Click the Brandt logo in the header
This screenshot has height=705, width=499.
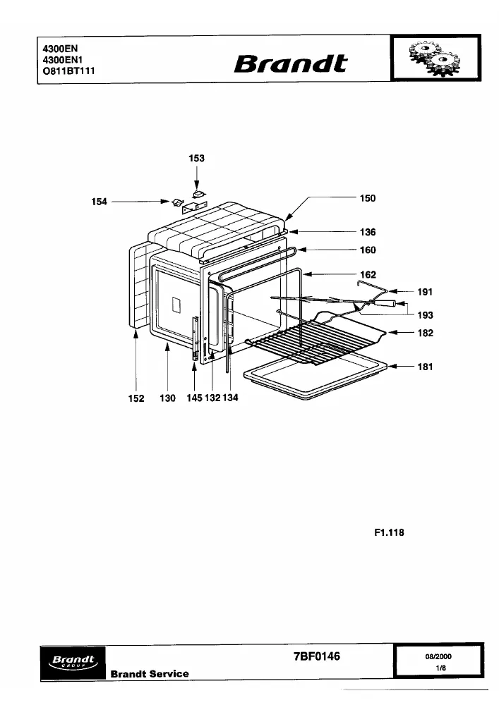click(291, 64)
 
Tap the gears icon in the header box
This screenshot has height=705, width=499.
click(435, 59)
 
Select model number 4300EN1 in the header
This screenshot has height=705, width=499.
click(63, 60)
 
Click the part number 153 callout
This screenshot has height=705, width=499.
click(196, 158)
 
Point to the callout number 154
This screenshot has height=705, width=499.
click(99, 202)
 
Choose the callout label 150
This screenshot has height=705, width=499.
click(368, 198)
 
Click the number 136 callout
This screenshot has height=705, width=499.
click(368, 232)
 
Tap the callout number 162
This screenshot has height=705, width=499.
click(368, 275)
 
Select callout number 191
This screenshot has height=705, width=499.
click(425, 293)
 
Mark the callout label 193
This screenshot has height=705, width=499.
click(425, 315)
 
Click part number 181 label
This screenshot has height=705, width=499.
click(425, 367)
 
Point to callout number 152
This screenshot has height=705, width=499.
click(136, 398)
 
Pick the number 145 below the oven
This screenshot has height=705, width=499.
click(194, 398)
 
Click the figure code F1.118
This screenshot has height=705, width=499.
click(389, 533)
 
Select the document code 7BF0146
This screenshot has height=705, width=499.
click(317, 656)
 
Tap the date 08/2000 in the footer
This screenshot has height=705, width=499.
click(438, 656)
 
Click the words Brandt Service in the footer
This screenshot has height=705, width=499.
click(150, 674)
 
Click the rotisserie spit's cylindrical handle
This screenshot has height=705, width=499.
click(388, 303)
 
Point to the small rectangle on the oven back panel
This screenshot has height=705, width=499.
click(176, 306)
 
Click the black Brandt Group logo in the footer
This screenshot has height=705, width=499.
click(73, 663)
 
